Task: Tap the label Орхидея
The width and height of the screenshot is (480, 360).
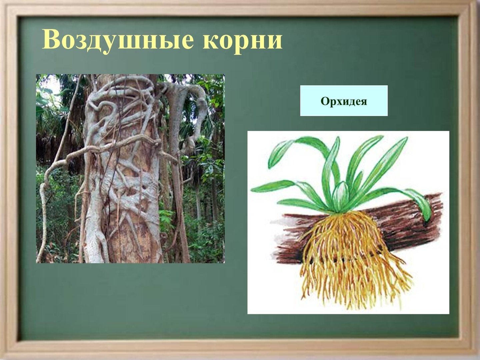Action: pos(344,101)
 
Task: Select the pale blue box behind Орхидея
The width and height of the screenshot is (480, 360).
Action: pos(344,101)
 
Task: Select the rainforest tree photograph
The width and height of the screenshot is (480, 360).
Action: pos(130,169)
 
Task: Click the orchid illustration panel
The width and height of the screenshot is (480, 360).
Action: pos(348,223)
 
